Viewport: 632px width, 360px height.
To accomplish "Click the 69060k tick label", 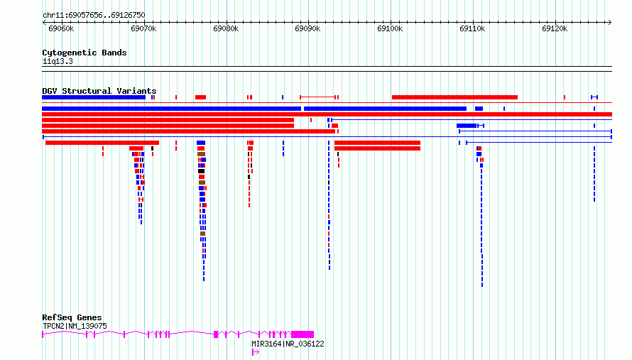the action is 61,28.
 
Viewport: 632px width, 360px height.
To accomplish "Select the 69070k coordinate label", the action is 143,28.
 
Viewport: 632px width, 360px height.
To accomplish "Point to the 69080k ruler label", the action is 226,28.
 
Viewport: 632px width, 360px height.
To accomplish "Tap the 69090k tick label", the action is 307,28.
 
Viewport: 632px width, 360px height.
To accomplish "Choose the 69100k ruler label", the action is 390,28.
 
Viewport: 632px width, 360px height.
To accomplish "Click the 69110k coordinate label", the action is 472,28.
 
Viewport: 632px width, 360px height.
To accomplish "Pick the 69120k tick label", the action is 555,28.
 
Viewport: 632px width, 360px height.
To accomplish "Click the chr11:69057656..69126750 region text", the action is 94,16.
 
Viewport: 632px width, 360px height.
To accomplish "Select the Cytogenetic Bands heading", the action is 85,53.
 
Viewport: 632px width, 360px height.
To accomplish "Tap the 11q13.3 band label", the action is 58,61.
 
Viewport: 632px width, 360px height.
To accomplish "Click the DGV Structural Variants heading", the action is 99,91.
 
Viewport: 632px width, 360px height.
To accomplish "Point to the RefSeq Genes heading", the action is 72,317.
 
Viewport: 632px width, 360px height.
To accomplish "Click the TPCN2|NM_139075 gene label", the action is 75,326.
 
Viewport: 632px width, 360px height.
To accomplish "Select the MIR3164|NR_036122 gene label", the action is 288,344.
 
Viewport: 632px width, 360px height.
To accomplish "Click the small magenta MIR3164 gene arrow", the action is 256,352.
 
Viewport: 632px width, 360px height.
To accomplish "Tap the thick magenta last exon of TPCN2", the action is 303,334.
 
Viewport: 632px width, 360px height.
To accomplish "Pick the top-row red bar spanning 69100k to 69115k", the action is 454,97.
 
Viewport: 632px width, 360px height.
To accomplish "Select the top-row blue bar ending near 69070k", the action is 94,97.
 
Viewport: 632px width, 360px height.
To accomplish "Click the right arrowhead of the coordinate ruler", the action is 610,23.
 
